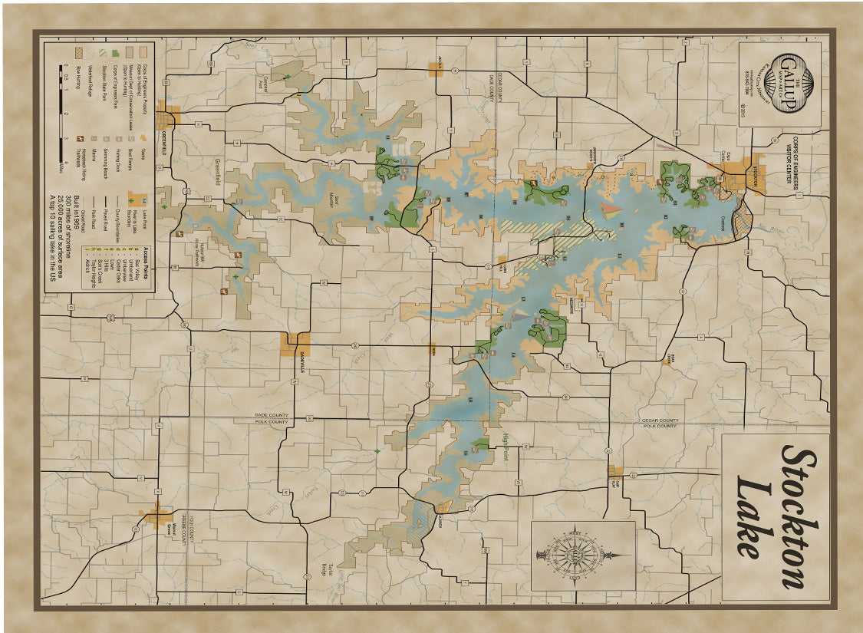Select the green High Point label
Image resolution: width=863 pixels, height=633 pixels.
506,448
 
